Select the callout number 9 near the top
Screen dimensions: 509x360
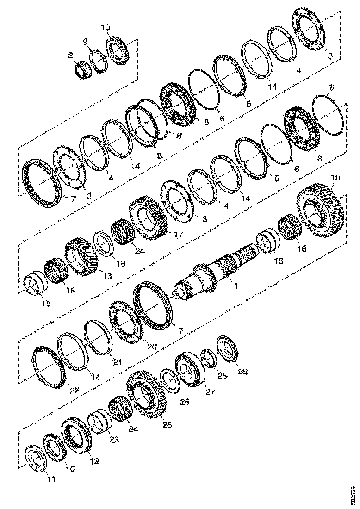point(85,42)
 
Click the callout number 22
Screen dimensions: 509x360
point(74,390)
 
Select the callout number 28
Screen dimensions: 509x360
point(223,377)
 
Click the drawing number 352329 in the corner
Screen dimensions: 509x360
point(354,495)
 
